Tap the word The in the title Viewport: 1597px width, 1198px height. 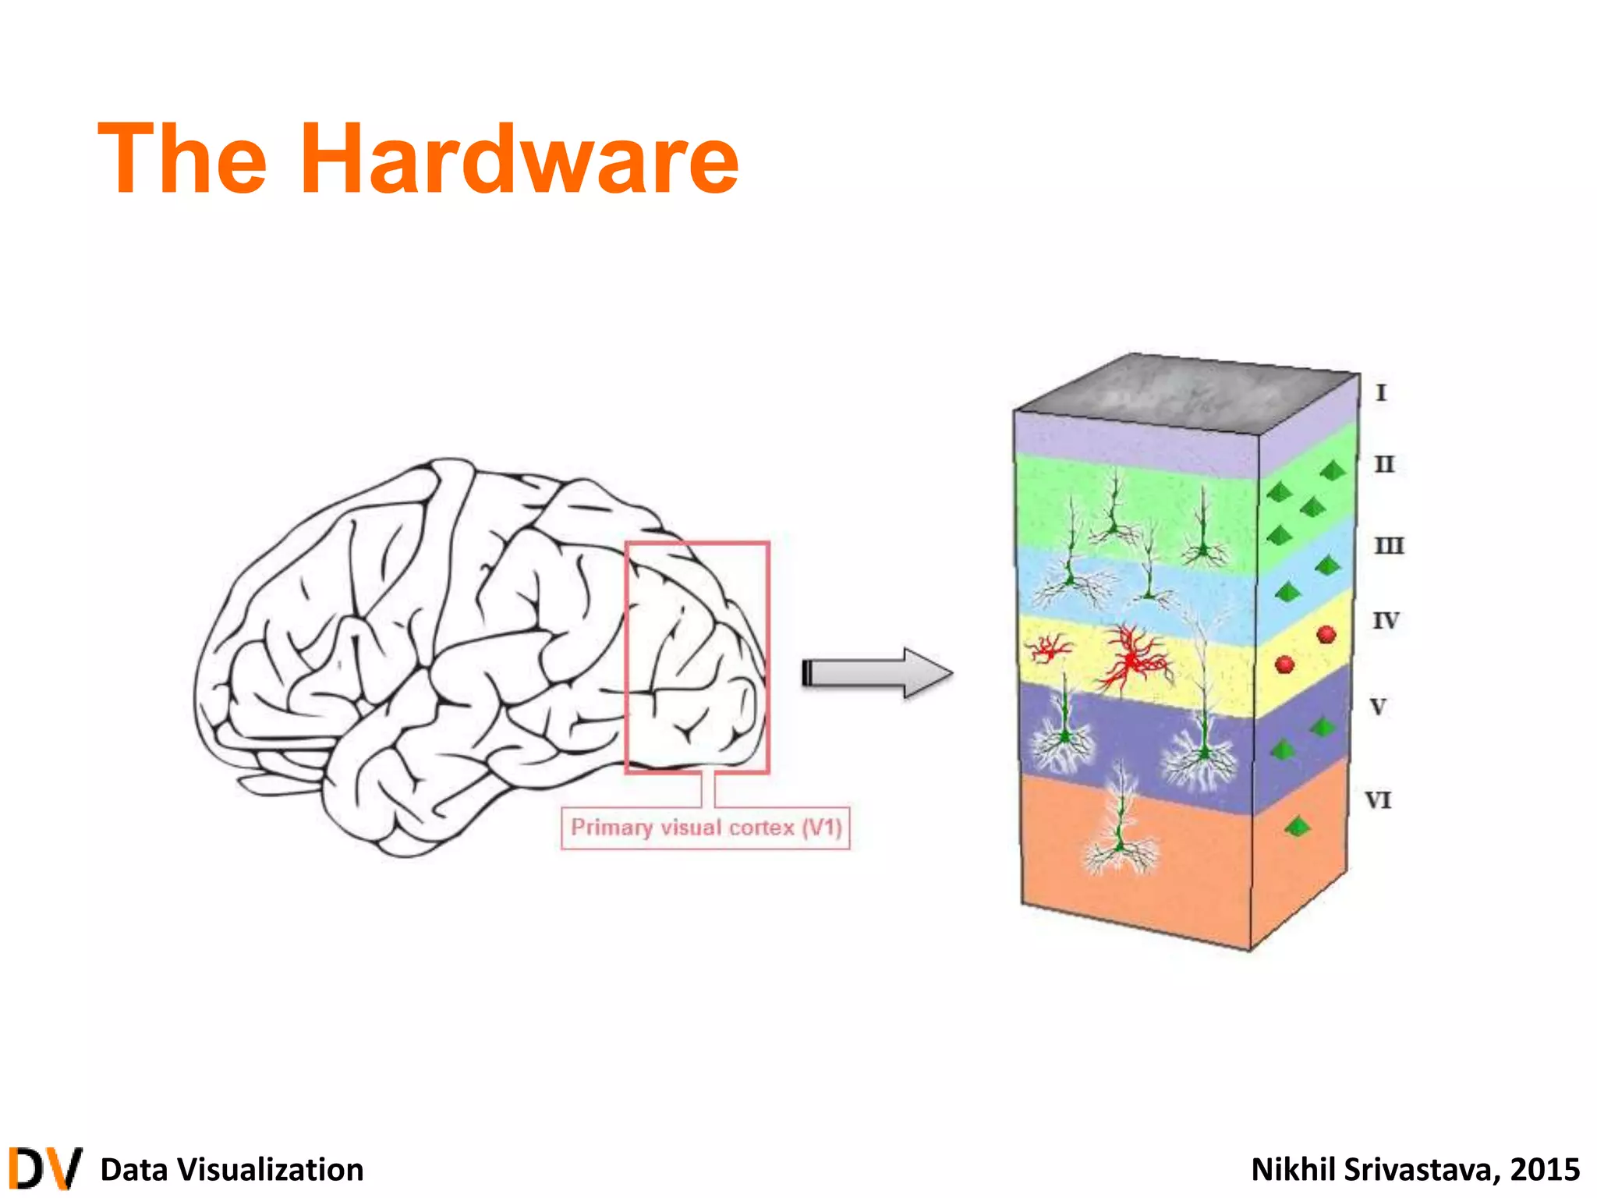click(182, 159)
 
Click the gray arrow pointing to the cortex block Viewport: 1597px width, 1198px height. click(877, 672)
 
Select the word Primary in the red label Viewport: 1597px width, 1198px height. click(611, 827)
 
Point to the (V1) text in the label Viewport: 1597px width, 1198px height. click(822, 827)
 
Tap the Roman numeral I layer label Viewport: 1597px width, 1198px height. click(1381, 392)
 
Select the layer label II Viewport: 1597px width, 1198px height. click(1384, 465)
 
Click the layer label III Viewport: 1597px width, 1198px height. click(1389, 545)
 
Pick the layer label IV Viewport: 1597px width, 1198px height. click(1386, 621)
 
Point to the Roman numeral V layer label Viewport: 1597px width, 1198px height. click(1379, 707)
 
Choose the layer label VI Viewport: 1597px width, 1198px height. click(1378, 800)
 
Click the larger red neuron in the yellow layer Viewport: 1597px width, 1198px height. click(1132, 659)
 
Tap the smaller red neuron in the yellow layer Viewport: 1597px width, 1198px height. click(1049, 647)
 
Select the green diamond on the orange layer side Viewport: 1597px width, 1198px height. click(1297, 826)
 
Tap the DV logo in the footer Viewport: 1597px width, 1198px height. click(45, 1168)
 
